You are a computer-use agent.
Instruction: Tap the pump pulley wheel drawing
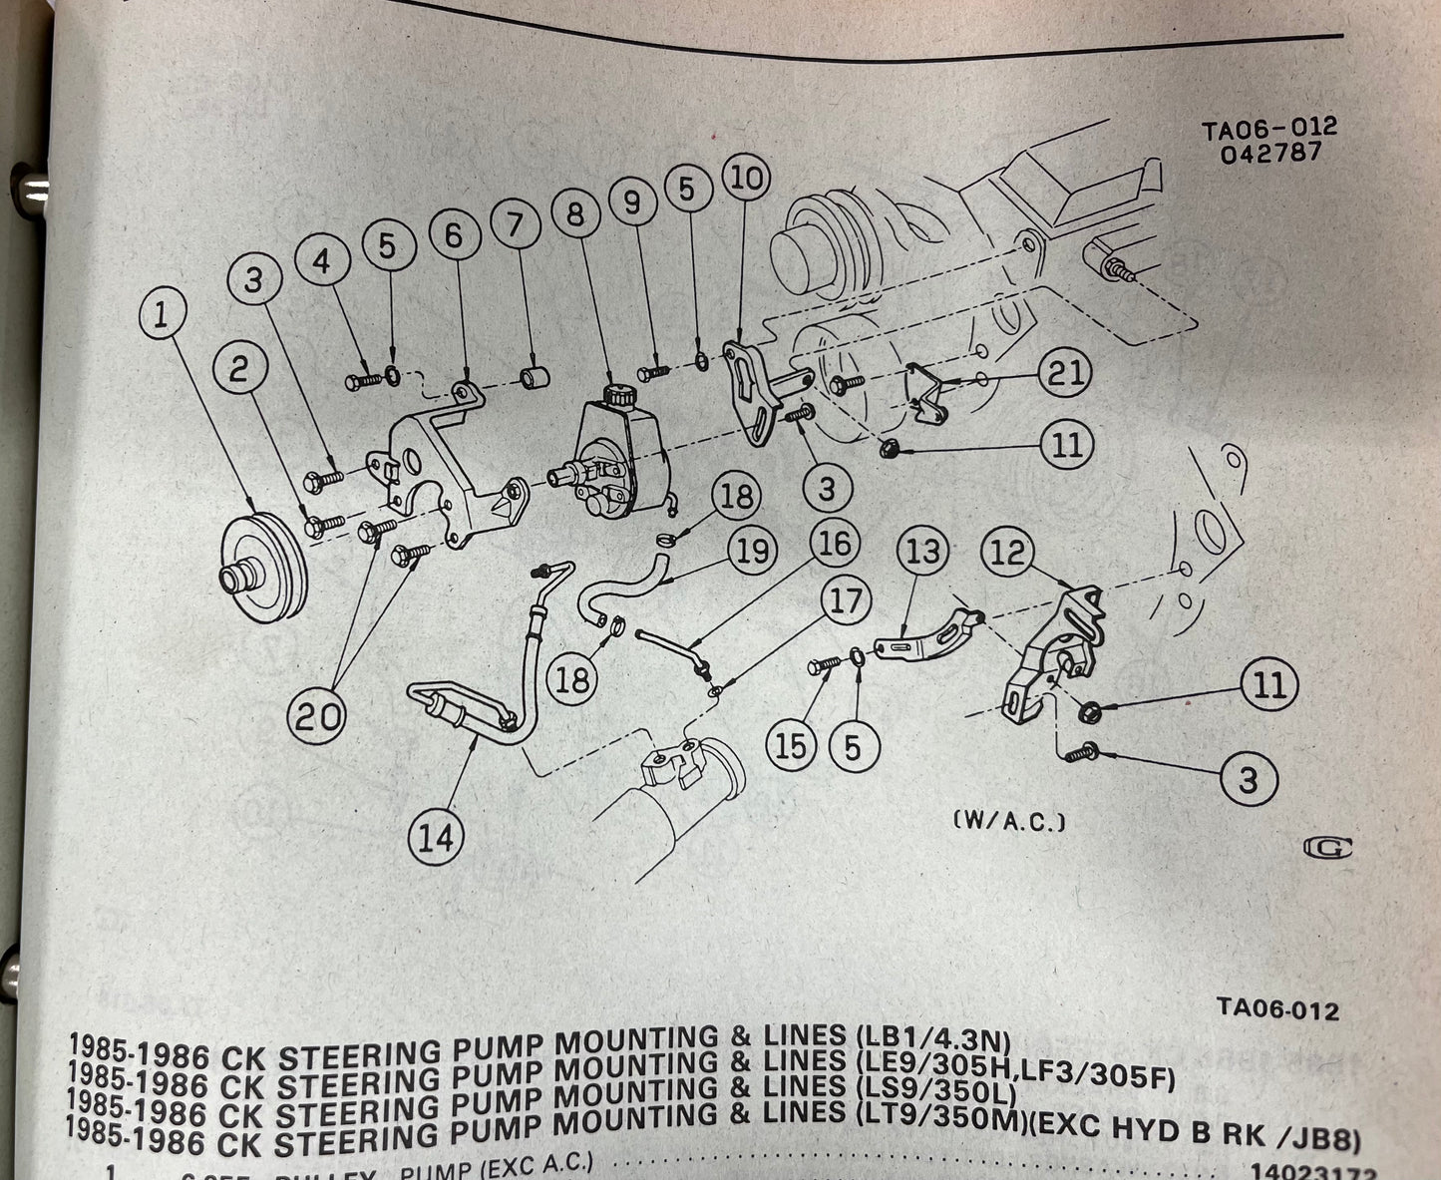click(264, 558)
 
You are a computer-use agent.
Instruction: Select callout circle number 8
click(575, 217)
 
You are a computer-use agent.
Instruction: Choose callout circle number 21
click(1063, 373)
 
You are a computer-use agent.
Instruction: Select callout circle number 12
click(1009, 553)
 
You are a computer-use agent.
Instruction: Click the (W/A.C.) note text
click(1010, 823)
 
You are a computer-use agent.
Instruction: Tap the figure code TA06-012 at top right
click(1268, 129)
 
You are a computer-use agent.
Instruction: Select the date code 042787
click(1273, 153)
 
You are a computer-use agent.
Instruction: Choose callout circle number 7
click(515, 225)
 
